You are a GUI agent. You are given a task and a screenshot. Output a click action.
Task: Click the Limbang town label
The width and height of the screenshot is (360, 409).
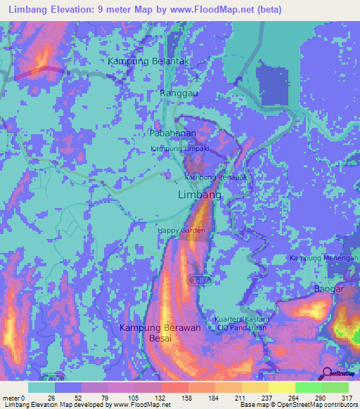click(200, 195)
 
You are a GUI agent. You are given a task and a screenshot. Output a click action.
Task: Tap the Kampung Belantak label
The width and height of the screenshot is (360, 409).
click(149, 61)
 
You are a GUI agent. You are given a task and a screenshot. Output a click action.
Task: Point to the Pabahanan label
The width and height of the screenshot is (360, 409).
click(172, 132)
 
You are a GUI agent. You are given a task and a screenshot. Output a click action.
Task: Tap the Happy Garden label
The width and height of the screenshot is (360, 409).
click(181, 231)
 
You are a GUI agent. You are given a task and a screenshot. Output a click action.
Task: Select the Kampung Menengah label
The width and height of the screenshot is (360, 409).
click(324, 259)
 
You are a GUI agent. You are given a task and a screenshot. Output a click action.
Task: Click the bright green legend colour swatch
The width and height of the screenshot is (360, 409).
click(309, 387)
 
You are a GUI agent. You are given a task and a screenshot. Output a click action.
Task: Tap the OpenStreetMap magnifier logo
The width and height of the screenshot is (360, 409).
click(328, 372)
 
